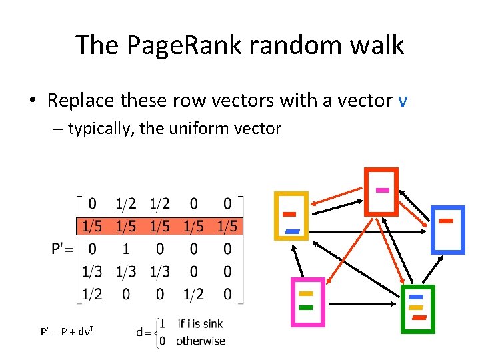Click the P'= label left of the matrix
pyautogui.click(x=65, y=249)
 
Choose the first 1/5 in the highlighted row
pyautogui.click(x=92, y=226)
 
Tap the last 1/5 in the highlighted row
pyautogui.click(x=227, y=226)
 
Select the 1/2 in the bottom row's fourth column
pyautogui.click(x=194, y=294)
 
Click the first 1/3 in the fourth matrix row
pyautogui.click(x=92, y=271)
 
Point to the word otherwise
pyautogui.click(x=201, y=341)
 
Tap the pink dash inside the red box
pyautogui.click(x=382, y=190)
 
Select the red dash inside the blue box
pyautogui.click(x=446, y=220)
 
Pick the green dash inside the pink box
pyautogui.click(x=306, y=307)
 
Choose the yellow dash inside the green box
pyautogui.click(x=416, y=307)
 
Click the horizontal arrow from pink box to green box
pyautogui.click(x=363, y=304)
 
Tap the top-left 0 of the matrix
pyautogui.click(x=92, y=203)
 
